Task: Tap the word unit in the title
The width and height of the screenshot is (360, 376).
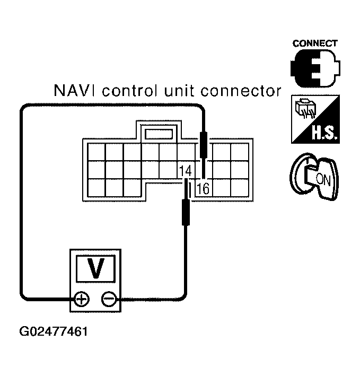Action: (x=181, y=91)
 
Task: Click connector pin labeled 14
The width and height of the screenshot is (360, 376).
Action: (x=185, y=171)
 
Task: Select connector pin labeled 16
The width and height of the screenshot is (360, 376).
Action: (x=203, y=188)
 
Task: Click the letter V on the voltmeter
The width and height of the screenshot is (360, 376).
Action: (x=95, y=268)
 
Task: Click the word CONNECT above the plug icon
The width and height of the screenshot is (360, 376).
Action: (x=315, y=43)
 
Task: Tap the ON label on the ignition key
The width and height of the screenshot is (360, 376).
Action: (x=322, y=179)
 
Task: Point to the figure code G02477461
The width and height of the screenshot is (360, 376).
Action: (x=54, y=333)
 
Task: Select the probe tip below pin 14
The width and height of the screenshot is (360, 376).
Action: (x=186, y=212)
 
